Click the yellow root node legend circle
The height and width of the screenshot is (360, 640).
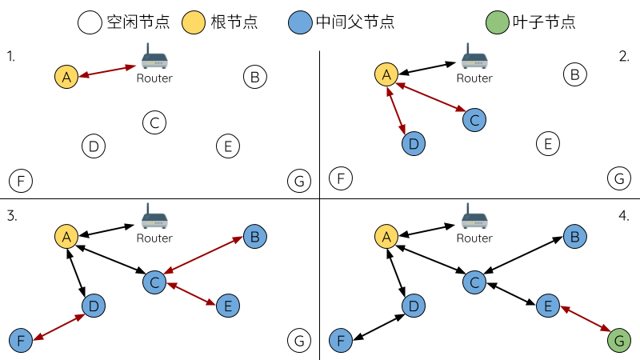pos(194,22)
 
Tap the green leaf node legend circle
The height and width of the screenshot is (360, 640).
pos(498,22)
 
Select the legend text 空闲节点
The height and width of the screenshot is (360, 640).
pos(138,22)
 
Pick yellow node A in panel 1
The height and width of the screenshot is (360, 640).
pos(66,77)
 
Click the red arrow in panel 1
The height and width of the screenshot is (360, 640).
pos(107,71)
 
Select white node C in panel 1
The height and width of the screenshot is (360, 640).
pos(154,122)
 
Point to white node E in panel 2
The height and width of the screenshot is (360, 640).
pos(548,144)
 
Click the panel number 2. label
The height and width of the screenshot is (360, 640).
pos(625,56)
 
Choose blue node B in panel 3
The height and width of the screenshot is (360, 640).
pos(254,237)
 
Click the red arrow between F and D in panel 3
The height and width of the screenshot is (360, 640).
pos(58,327)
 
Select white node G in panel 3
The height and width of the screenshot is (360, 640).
pos(298,341)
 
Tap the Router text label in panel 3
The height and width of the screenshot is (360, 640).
pos(154,238)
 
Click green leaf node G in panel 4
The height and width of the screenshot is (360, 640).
pos(618,341)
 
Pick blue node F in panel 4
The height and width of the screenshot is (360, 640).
pos(341,341)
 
